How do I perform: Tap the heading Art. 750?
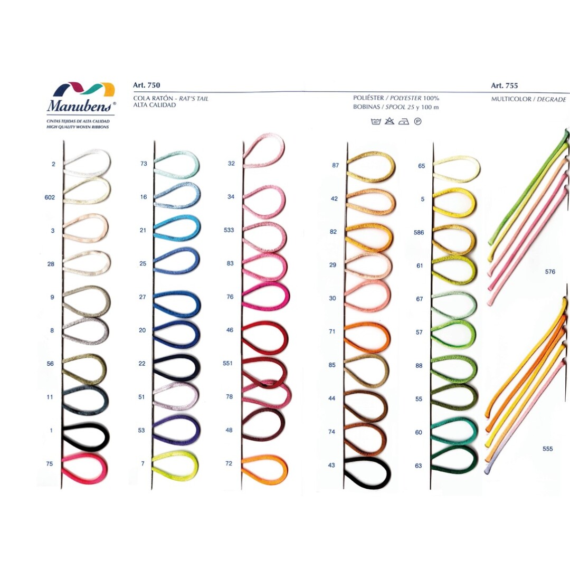(147, 85)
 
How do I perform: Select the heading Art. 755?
(504, 85)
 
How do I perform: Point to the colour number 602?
(50, 197)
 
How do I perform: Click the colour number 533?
(229, 230)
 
